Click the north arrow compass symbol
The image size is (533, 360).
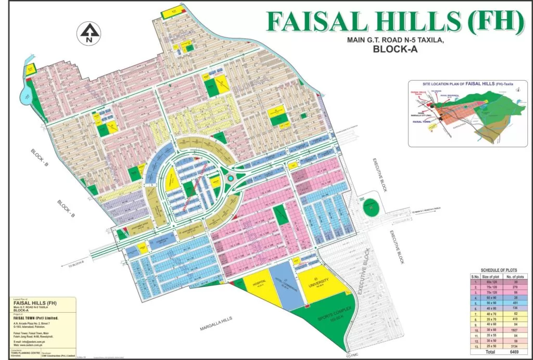click(x=89, y=33)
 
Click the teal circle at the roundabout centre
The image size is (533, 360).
click(x=231, y=178)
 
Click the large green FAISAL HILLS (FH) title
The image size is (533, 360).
click(x=395, y=21)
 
